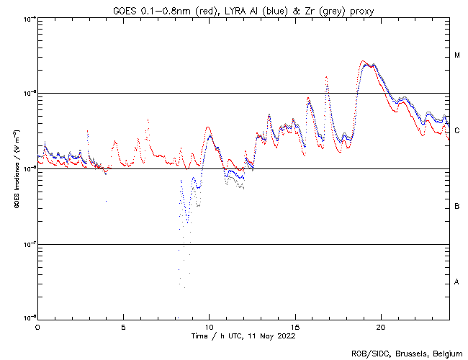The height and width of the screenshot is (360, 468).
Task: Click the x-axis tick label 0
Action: (x=37, y=327)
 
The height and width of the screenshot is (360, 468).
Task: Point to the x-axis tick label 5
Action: (x=123, y=327)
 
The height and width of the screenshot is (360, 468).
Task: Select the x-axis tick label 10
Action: (x=209, y=327)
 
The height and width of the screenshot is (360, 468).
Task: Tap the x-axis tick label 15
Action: (x=295, y=327)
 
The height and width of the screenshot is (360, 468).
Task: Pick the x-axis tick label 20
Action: (x=381, y=327)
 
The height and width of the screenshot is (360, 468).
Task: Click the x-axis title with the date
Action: (x=243, y=336)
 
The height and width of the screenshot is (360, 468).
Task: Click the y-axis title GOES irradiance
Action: (x=15, y=168)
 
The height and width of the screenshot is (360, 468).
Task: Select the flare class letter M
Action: (x=457, y=55)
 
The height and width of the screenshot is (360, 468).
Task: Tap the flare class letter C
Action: (x=457, y=131)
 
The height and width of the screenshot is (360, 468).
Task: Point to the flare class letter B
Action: (x=457, y=207)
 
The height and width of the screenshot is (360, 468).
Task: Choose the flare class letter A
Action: (x=457, y=282)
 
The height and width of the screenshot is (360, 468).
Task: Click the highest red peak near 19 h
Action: (x=364, y=62)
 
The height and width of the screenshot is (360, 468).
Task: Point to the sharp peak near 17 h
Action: (x=327, y=76)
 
